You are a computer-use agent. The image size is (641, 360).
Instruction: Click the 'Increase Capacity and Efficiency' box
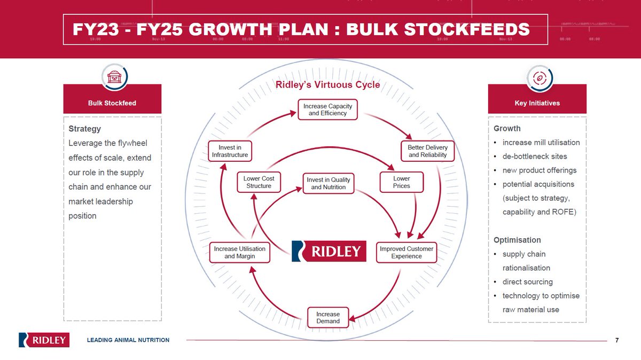coord(328,110)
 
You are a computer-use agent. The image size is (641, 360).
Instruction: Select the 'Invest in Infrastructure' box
coord(229,151)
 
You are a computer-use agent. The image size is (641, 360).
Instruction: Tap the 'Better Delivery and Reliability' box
coord(427,151)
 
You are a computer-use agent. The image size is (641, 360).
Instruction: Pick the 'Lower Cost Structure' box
coord(259,182)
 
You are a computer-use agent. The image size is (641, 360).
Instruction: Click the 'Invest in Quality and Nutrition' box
coord(329,184)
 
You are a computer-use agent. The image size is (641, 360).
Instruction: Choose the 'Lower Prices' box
coord(402,182)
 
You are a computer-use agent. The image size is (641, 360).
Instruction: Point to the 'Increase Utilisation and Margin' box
coord(240,253)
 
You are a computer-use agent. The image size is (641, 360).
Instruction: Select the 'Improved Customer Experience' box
coord(407,253)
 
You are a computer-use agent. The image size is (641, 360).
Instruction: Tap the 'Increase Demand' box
coord(328,317)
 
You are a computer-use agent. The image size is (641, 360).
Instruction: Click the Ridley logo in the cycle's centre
coord(329,251)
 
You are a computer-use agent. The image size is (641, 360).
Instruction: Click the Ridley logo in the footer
coord(44,340)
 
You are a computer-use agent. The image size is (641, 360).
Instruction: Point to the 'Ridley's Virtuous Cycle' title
coord(327,85)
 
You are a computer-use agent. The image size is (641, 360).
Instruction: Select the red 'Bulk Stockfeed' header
coord(112,103)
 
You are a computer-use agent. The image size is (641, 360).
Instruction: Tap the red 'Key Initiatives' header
coord(537,103)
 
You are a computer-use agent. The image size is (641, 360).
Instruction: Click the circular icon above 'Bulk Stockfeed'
coord(112,78)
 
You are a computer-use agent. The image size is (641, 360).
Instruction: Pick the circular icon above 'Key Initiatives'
coord(537,78)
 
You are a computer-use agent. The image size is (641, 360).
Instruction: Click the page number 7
coord(617,340)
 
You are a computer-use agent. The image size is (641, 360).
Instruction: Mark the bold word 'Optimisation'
coord(517,240)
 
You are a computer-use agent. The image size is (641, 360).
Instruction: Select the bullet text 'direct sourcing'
coord(527,281)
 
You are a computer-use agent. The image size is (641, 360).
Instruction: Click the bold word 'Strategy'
coord(84,129)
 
